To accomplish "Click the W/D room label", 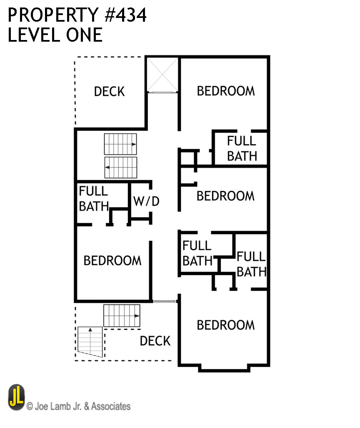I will point(146,201).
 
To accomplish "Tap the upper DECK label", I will point(109,91).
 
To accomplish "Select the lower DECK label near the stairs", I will point(155,341).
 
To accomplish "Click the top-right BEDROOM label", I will point(225,91).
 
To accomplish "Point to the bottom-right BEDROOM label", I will point(225,325).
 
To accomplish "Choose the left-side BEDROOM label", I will point(112,261).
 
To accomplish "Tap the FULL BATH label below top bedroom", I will point(242,149).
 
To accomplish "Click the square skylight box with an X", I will point(163,75).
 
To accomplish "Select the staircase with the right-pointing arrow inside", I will point(120,144).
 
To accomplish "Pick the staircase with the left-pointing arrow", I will point(120,168).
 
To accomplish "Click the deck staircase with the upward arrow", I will point(90,341).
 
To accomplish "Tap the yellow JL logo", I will point(17,397).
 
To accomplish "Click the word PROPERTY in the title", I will point(50,15).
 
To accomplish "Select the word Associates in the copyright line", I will point(111,406).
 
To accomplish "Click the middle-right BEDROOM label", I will point(225,196).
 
